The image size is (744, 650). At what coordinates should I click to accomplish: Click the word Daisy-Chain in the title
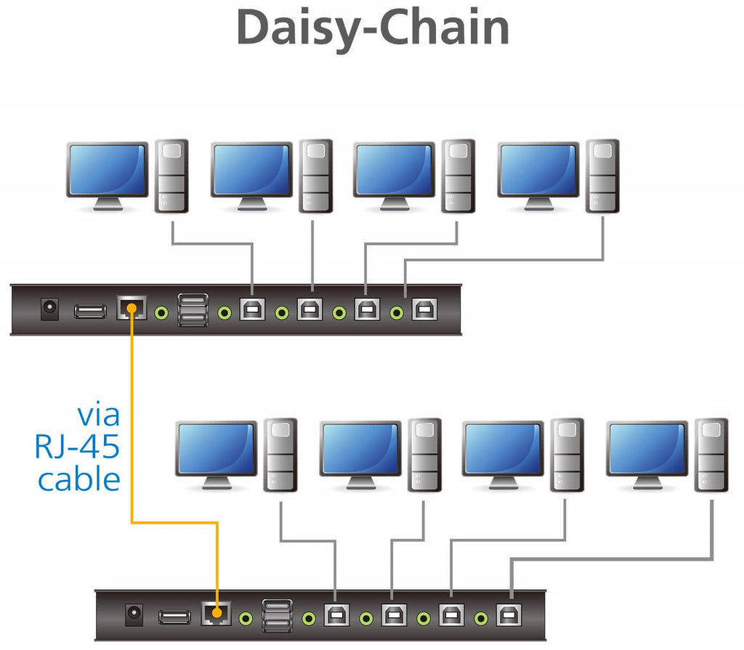372,28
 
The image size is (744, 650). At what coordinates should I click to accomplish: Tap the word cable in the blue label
79,479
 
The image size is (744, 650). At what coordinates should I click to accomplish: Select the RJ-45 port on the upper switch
131,309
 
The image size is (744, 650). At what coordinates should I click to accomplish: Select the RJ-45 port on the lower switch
215,614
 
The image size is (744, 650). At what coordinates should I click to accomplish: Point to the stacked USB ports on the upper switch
193,309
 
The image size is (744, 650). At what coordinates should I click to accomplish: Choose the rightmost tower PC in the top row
603,176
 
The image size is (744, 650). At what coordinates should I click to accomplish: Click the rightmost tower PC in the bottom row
710,455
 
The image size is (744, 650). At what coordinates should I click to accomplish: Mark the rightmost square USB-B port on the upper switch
421,310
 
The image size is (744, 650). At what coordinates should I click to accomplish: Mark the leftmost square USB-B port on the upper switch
252,310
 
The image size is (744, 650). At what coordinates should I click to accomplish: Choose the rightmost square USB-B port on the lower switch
506,616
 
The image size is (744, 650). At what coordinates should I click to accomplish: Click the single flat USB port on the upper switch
91,310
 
